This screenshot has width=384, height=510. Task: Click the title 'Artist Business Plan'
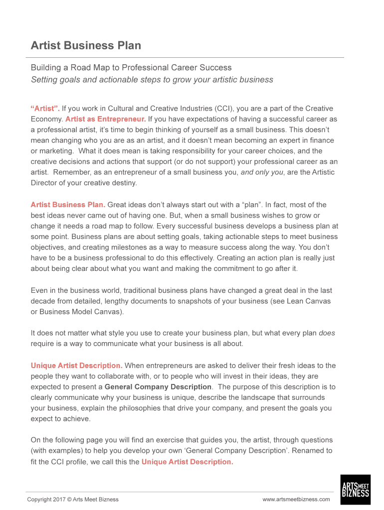pos(86,46)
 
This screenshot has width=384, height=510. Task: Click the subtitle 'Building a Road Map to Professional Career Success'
pos(131,67)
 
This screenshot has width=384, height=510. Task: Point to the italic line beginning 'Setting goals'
pos(152,80)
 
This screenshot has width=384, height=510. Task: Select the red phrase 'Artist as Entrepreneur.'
pos(105,120)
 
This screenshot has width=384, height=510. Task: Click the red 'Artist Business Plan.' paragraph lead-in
pos(68,205)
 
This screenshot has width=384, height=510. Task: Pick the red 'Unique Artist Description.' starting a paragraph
pos(76,366)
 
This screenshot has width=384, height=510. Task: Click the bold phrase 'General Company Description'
pos(158,387)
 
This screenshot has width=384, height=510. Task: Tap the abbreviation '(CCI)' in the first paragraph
pos(224,109)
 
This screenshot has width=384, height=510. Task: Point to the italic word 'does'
pos(327,333)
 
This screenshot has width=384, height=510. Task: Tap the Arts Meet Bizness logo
pos(355,490)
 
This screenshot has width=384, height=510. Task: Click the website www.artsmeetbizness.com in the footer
pos(296,500)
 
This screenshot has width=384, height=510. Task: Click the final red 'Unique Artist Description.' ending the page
pos(187,462)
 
